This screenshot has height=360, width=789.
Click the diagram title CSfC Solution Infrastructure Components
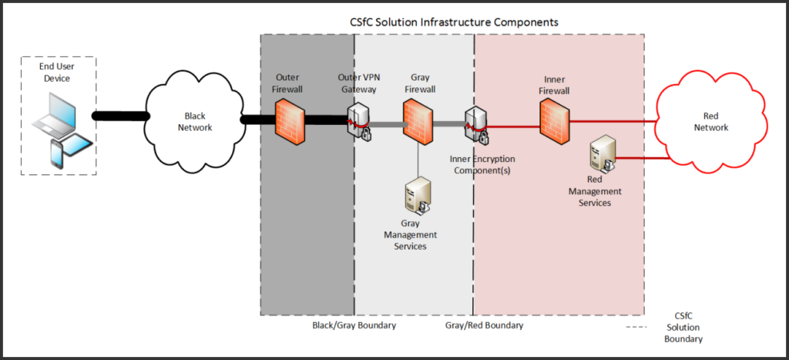pyautogui.click(x=453, y=22)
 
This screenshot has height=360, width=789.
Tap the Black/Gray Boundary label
pyautogui.click(x=354, y=325)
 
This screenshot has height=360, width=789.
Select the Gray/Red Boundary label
pyautogui.click(x=484, y=325)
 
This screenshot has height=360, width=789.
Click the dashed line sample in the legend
pyautogui.click(x=636, y=327)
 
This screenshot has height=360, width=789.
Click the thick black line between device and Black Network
pyautogui.click(x=120, y=116)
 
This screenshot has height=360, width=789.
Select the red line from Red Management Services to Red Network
pyautogui.click(x=640, y=159)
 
